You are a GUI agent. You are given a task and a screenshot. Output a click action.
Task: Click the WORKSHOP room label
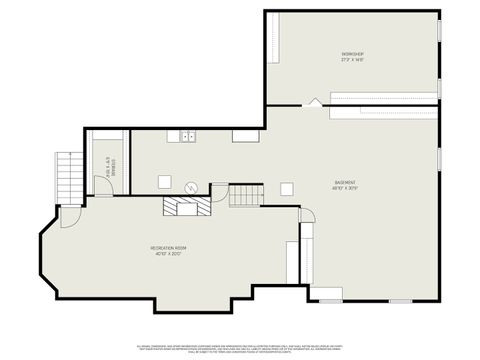(352, 53)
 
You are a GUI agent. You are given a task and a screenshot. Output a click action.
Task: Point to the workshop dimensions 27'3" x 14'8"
(352, 60)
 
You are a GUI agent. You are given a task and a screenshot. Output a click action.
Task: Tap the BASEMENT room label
(346, 182)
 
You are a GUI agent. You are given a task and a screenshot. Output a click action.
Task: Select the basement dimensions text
(346, 188)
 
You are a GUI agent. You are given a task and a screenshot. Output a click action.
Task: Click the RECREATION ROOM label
(169, 247)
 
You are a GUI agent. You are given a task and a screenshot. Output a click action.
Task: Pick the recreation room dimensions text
(169, 253)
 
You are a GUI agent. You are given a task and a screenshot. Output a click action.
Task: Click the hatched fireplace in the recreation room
(187, 206)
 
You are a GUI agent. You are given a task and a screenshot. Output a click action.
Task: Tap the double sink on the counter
(187, 135)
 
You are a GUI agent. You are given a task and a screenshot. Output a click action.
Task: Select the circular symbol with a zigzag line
(191, 186)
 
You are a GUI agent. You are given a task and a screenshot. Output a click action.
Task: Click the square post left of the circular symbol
(164, 182)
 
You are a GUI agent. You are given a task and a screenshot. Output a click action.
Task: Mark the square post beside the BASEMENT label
(287, 187)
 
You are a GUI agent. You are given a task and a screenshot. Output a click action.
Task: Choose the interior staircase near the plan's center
(246, 195)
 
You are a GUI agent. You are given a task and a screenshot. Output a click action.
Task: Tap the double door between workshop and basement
(315, 102)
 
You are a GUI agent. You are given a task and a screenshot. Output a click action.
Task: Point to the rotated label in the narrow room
(110, 165)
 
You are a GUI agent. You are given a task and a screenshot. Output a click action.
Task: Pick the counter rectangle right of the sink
(246, 135)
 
